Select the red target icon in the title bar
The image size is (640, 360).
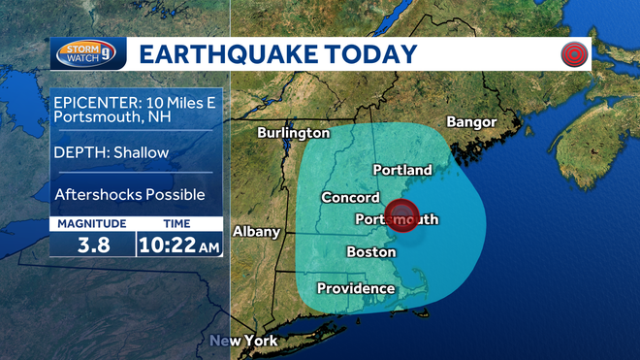point(575,54)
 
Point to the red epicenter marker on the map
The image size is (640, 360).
point(401,215)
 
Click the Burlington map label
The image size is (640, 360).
point(293,133)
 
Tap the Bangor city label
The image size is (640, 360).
point(470,122)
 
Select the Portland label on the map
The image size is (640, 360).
point(402,170)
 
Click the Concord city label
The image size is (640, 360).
point(350,198)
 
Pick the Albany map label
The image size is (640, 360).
point(256,232)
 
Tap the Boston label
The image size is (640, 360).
point(371,252)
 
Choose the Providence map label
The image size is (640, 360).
point(357,288)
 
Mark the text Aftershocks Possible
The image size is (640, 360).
point(129,195)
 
